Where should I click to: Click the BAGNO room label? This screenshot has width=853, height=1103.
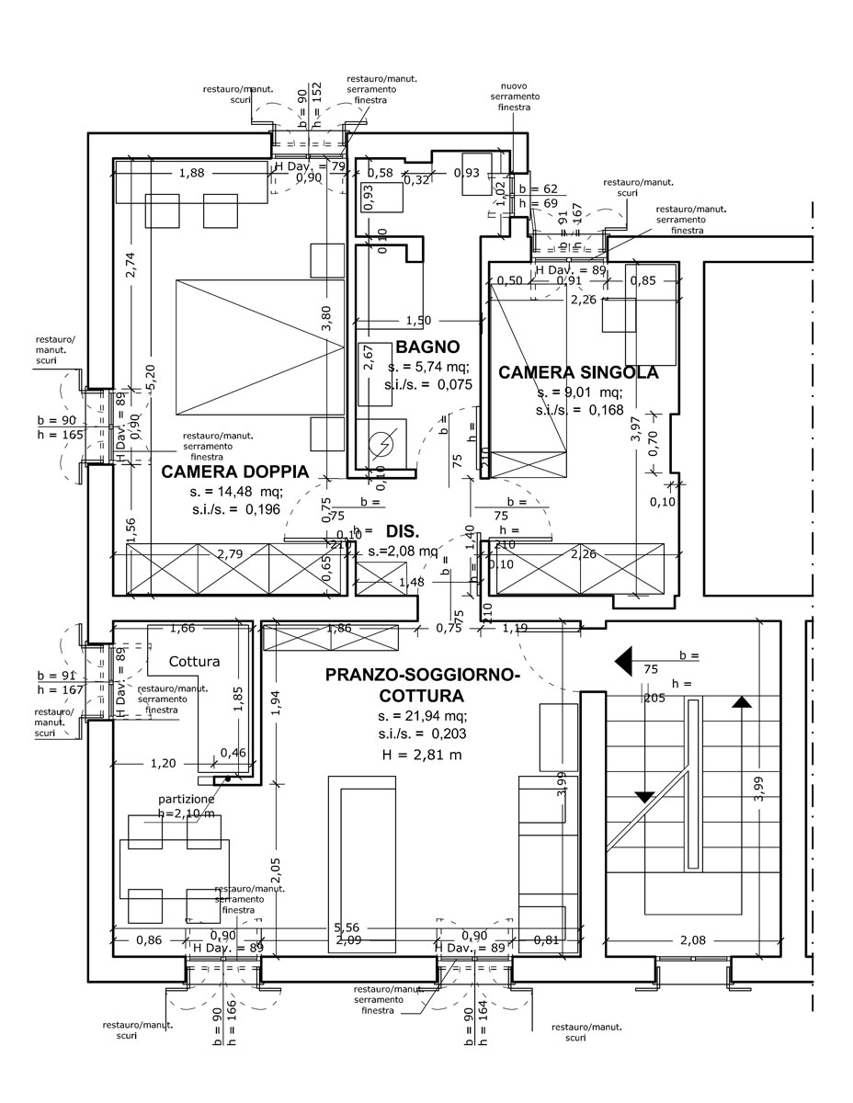coord(427,347)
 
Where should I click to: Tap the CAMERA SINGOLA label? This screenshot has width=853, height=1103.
coord(578,372)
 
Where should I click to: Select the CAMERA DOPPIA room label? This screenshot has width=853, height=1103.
coord(234,472)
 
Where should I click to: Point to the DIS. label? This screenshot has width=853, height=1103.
coord(403,531)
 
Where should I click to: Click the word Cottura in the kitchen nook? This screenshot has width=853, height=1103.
coord(194,661)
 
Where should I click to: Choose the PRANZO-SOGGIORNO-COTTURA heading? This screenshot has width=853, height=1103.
coord(423,686)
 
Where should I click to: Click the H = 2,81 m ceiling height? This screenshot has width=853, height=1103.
coord(421,754)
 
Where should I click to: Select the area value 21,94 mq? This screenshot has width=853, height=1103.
coord(423,716)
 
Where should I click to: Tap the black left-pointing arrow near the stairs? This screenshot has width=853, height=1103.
coord(628,659)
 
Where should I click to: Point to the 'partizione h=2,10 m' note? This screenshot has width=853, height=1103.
coord(187,806)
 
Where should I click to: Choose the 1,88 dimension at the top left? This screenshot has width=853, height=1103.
coord(192,173)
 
